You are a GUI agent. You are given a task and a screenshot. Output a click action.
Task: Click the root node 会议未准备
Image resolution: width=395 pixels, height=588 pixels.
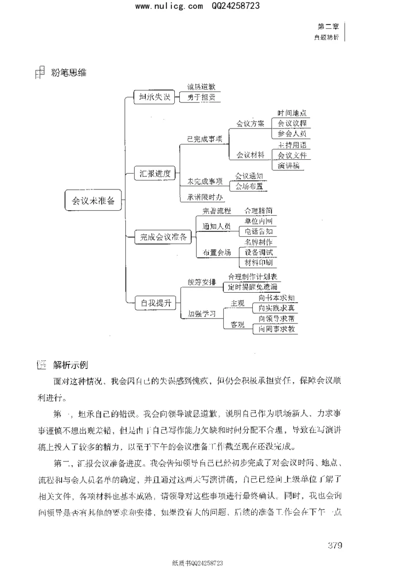click(93, 200)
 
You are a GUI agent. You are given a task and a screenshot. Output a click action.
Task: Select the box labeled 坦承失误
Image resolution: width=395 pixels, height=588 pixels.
click(155, 97)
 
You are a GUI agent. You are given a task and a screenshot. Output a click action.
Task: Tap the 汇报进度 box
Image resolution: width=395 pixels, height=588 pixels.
click(155, 173)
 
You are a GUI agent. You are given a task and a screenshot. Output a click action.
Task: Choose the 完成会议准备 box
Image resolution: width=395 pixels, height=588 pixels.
click(162, 237)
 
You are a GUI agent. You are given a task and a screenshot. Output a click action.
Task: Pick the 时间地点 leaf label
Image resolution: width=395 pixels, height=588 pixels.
click(292, 113)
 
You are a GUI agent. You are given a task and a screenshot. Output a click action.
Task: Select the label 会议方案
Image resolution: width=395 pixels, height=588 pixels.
click(250, 124)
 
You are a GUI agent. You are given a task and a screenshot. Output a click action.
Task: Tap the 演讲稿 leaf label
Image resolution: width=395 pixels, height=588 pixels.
click(288, 166)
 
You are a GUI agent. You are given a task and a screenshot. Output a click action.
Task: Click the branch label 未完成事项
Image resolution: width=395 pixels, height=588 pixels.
click(204, 181)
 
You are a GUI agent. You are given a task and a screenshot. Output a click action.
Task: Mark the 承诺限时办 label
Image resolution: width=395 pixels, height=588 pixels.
click(205, 197)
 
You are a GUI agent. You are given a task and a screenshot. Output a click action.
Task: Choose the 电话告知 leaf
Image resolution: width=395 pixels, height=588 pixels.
click(258, 231)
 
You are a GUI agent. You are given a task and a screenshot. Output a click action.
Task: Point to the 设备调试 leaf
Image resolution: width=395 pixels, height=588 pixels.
click(258, 252)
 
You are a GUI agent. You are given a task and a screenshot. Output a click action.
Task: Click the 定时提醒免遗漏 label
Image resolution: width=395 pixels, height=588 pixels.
click(252, 287)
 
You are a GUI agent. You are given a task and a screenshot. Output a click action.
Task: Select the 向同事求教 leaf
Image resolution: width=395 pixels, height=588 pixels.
click(276, 328)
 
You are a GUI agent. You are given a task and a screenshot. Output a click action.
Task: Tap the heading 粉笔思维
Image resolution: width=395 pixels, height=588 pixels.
click(69, 73)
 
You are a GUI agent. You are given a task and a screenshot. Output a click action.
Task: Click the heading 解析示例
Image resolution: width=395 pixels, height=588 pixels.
click(70, 365)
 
